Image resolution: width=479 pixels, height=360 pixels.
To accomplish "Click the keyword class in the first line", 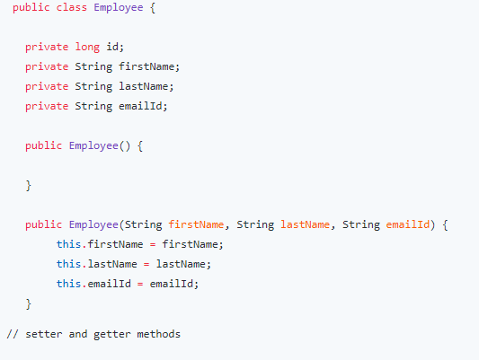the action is point(72,7).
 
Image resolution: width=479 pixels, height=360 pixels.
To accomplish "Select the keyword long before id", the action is point(87,47).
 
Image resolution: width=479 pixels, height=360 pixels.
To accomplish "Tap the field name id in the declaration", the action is point(112,47).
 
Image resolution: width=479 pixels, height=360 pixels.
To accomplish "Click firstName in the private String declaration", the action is point(146,66).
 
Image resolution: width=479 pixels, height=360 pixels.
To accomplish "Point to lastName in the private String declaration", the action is point(143,86).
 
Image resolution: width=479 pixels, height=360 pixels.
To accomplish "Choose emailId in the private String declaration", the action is point(140,106).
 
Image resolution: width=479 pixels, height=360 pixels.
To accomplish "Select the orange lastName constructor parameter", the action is point(306,224).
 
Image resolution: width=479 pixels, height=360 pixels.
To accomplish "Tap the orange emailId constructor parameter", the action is point(408,224).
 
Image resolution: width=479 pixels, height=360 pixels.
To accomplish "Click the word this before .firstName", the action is point(68,244).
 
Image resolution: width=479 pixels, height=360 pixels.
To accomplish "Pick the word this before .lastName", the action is point(68,264).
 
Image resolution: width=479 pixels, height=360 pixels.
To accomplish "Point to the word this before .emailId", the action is point(68,284).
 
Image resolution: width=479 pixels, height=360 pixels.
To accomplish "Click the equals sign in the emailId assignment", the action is point(140,285).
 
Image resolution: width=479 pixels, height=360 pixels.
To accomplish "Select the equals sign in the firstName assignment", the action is point(153,245).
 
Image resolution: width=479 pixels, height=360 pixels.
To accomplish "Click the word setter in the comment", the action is point(44,334).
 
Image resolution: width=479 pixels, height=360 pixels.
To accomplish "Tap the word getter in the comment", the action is point(112,335).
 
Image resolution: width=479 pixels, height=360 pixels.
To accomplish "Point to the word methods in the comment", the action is point(159,334).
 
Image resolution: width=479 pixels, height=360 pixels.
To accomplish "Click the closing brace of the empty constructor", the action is point(29,186).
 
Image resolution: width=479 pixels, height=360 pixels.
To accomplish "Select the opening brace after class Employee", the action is point(153,7).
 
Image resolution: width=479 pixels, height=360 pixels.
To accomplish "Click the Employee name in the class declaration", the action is point(119,7).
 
